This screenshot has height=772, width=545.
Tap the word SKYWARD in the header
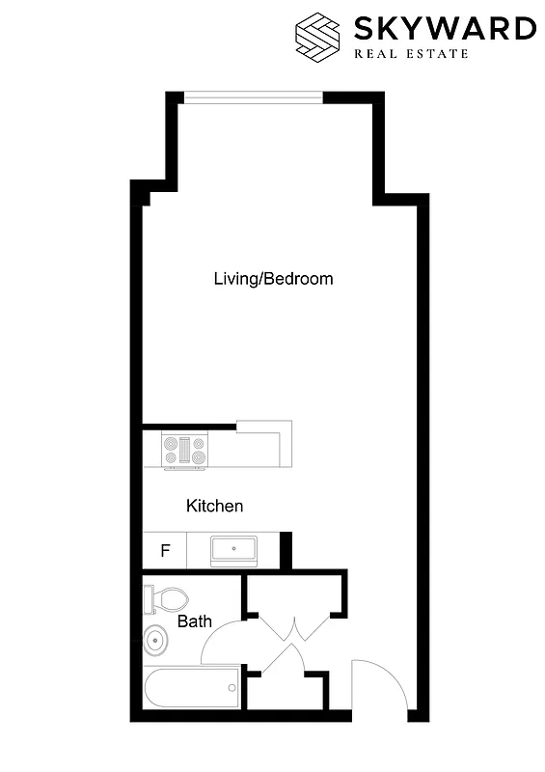[444, 28]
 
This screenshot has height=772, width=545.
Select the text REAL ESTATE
[412, 53]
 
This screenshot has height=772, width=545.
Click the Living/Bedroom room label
[273, 279]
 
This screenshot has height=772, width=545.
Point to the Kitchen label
[214, 506]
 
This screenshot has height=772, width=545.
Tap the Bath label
[194, 621]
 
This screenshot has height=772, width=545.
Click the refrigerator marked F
[165, 552]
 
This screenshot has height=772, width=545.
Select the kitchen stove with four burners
[186, 450]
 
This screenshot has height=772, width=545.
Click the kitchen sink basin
[233, 551]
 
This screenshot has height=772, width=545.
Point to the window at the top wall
[253, 96]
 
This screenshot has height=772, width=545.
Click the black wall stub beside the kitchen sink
[286, 551]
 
